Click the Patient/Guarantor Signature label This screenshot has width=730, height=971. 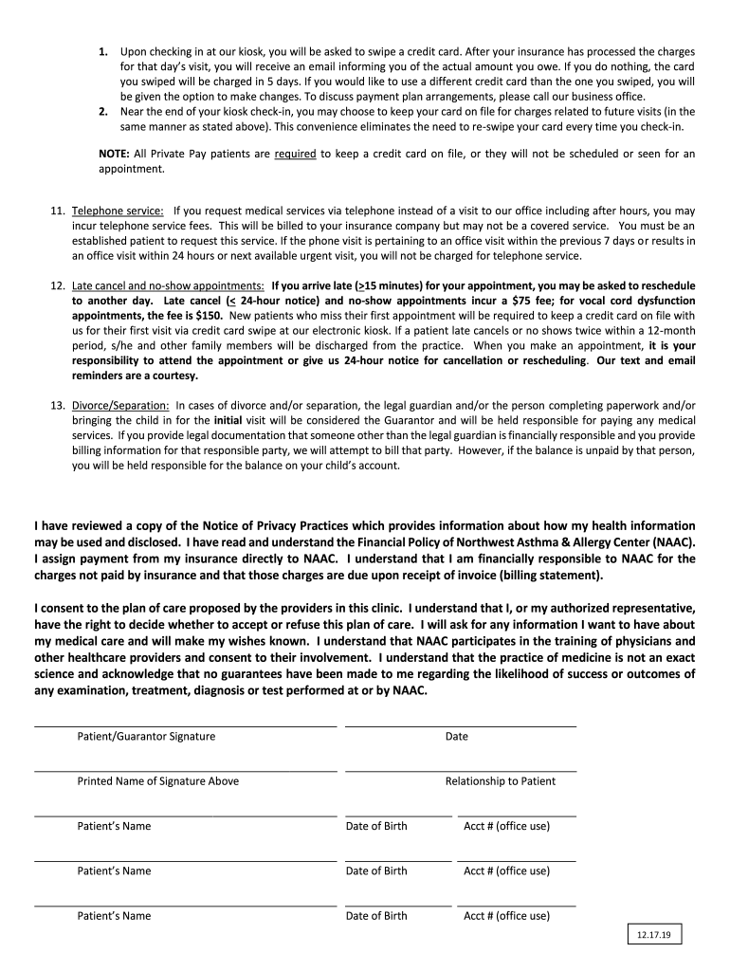pyautogui.click(x=146, y=737)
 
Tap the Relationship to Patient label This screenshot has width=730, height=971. pyautogui.click(x=501, y=781)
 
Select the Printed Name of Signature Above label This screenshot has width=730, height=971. pyautogui.click(x=158, y=781)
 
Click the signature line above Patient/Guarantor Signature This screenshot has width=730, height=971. pyautogui.click(x=185, y=726)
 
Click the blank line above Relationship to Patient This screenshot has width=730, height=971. pyautogui.click(x=460, y=771)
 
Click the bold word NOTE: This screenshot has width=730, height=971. pyautogui.click(x=115, y=154)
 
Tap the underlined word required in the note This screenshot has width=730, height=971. pyautogui.click(x=295, y=154)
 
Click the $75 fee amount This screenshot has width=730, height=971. pyautogui.click(x=510, y=301)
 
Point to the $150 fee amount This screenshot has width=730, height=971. pyautogui.click(x=209, y=316)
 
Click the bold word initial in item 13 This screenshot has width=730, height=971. pyautogui.click(x=228, y=420)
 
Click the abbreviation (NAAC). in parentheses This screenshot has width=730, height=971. pyautogui.click(x=672, y=541)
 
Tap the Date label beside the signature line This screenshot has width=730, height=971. pyautogui.click(x=456, y=737)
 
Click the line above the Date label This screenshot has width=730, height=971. pyautogui.click(x=460, y=726)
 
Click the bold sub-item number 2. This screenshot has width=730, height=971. pyautogui.click(x=103, y=111)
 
